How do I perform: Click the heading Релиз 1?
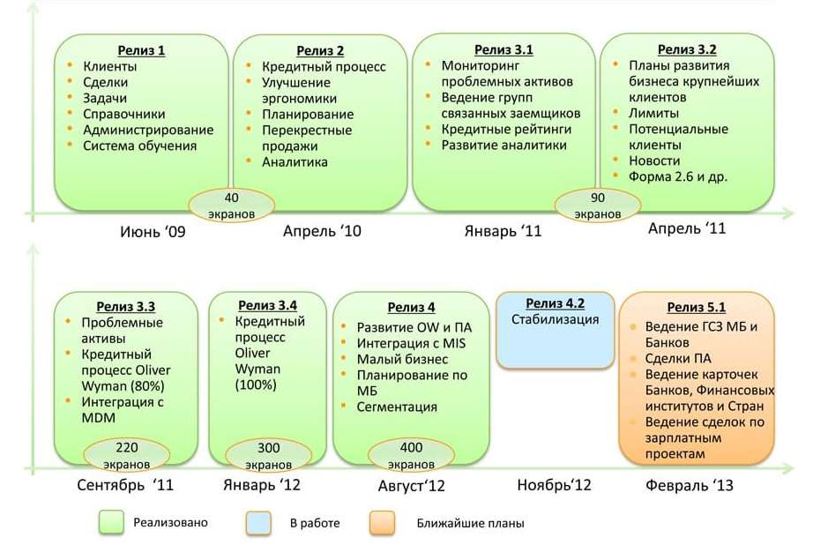coord(141,50)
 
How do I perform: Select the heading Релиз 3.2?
coord(687,49)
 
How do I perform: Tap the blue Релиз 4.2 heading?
coord(555,303)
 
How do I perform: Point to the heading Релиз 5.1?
coord(697,307)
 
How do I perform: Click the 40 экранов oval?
coord(231,205)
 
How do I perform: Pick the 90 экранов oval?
coord(597,205)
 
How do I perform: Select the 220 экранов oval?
coord(126,455)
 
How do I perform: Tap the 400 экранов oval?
coord(411,455)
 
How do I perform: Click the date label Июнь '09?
coord(153,231)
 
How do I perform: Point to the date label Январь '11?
coord(503,231)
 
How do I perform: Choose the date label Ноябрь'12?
coord(554,485)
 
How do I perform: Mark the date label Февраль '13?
coord(689,485)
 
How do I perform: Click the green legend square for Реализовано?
coord(111,523)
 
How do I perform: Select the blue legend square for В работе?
coord(258,523)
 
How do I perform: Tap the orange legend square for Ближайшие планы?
coord(382,523)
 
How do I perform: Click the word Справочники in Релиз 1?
coord(124,114)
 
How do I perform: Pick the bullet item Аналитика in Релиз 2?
coord(295,161)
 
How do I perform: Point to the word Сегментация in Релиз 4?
coord(397,407)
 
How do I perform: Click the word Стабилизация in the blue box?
coord(555,319)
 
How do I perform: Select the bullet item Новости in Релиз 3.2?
coord(654,161)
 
